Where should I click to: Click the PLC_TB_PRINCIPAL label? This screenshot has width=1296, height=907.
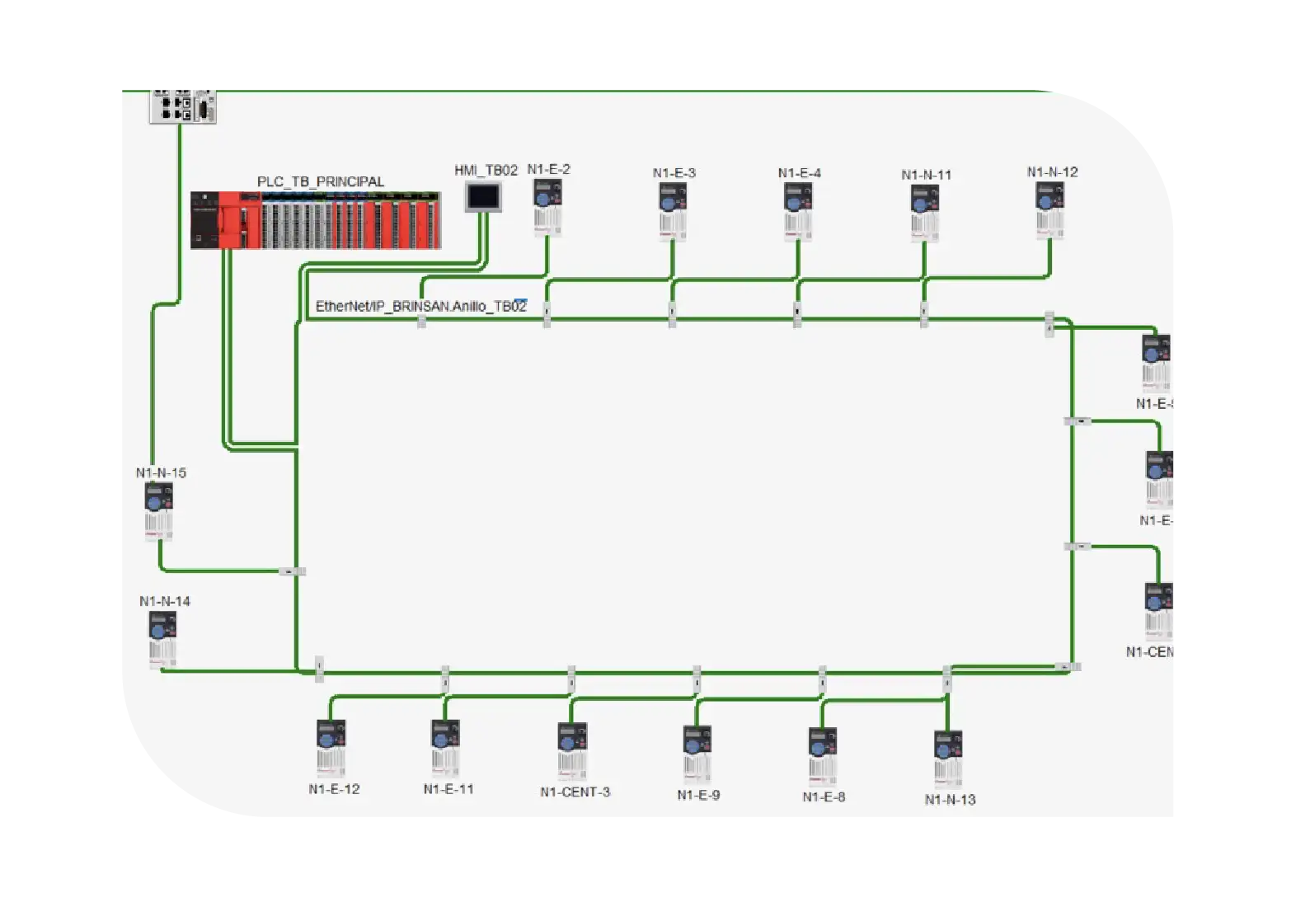(x=320, y=181)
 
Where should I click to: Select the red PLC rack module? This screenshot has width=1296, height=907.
(x=316, y=219)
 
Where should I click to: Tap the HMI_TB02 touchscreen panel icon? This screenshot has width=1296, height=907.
(x=483, y=198)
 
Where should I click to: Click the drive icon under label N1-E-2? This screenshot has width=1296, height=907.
(x=547, y=207)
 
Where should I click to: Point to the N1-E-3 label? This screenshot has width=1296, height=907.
(x=674, y=173)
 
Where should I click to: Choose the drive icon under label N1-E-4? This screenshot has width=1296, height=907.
(x=798, y=211)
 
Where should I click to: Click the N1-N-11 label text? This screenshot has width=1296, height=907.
(x=926, y=175)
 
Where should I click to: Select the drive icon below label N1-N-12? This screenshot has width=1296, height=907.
(x=1050, y=209)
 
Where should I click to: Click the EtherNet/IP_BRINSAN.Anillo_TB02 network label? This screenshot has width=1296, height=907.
(x=420, y=307)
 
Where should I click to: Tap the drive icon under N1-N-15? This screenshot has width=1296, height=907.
(x=159, y=510)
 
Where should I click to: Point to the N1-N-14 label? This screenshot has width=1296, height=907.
(x=164, y=601)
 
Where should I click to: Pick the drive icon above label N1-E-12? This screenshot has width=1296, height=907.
(x=331, y=747)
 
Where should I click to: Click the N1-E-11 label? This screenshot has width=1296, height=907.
(x=448, y=789)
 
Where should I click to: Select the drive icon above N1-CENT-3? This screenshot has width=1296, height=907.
(x=572, y=750)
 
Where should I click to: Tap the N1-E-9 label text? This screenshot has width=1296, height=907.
(x=698, y=795)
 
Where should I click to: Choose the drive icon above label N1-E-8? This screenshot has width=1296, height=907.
(x=823, y=754)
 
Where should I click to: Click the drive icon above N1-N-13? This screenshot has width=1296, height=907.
(x=948, y=758)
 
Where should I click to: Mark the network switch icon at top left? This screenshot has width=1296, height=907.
(x=182, y=106)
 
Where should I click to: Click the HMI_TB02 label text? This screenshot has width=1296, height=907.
(x=486, y=171)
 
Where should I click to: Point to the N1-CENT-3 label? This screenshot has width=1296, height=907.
(x=575, y=792)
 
